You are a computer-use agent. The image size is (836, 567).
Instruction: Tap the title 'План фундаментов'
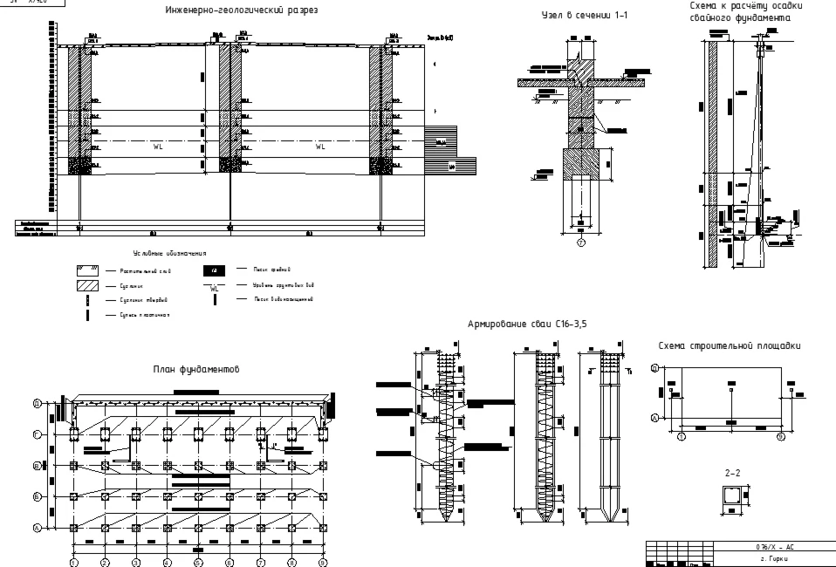[197, 370]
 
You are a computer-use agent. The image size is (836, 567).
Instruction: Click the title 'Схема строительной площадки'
[730, 346]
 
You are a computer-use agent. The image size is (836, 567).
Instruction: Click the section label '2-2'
[733, 473]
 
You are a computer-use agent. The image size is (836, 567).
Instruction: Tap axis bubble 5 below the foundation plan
[199, 562]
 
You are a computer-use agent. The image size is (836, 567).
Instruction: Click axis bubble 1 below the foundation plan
[74, 562]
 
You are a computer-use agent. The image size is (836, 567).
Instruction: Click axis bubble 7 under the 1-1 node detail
[579, 243]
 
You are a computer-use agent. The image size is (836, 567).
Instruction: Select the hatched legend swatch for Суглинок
[87, 285]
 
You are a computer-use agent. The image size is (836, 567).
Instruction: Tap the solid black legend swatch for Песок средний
[213, 270]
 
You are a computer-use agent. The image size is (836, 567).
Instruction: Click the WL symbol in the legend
[215, 288]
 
